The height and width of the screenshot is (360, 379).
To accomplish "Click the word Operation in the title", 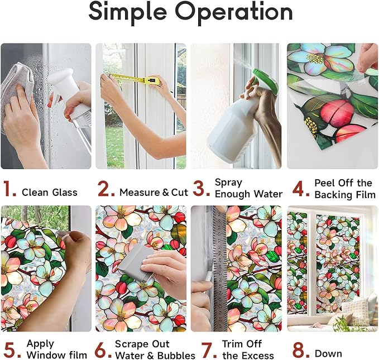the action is [234, 12].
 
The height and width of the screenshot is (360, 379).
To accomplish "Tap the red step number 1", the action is [9, 189].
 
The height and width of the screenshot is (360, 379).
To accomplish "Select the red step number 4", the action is [300, 189].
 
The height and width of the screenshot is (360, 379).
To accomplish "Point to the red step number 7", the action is [209, 349].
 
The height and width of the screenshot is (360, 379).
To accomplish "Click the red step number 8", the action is [301, 349].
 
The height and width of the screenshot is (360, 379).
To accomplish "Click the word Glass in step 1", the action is [65, 193].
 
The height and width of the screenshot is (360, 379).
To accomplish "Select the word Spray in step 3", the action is [228, 183].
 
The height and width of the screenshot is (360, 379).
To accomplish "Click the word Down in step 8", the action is [328, 354].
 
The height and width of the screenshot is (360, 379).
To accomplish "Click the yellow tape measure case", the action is [152, 80].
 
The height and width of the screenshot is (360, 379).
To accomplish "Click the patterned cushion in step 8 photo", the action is [355, 310].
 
